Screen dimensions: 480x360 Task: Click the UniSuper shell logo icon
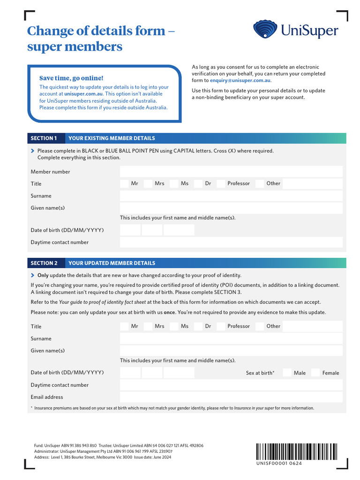(x=265, y=30)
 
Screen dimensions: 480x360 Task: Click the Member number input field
(x=231, y=172)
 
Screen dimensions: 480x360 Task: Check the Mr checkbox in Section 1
(x=124, y=184)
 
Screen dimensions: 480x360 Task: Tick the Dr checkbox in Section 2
(x=198, y=326)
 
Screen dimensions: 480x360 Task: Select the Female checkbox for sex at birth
(x=315, y=373)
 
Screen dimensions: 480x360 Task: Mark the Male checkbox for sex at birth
(x=287, y=373)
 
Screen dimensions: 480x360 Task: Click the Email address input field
(x=231, y=397)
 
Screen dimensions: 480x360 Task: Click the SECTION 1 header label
(x=44, y=138)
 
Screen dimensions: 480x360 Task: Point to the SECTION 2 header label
(x=44, y=263)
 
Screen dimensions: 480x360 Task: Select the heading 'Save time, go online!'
(x=71, y=78)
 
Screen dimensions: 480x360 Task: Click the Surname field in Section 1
(x=231, y=196)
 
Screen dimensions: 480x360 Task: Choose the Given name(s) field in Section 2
(x=231, y=351)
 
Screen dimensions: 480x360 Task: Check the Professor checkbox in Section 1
(x=221, y=184)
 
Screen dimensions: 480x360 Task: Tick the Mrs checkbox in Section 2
(x=148, y=326)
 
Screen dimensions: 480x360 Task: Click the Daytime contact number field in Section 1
(x=231, y=242)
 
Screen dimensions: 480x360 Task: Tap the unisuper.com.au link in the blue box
(x=83, y=94)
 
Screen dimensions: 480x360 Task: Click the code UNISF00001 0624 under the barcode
(x=279, y=464)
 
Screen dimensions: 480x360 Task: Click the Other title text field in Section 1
(x=313, y=184)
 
